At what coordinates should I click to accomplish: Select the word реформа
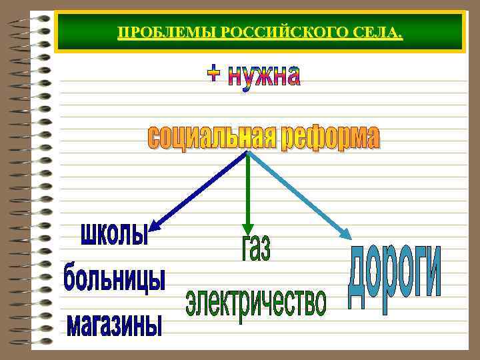click(x=330, y=138)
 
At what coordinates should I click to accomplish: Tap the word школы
click(x=113, y=235)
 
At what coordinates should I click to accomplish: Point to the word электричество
click(x=256, y=302)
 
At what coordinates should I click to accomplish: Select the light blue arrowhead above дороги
click(x=347, y=233)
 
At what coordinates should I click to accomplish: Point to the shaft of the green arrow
click(x=248, y=187)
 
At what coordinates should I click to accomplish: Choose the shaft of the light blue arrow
click(x=297, y=192)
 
